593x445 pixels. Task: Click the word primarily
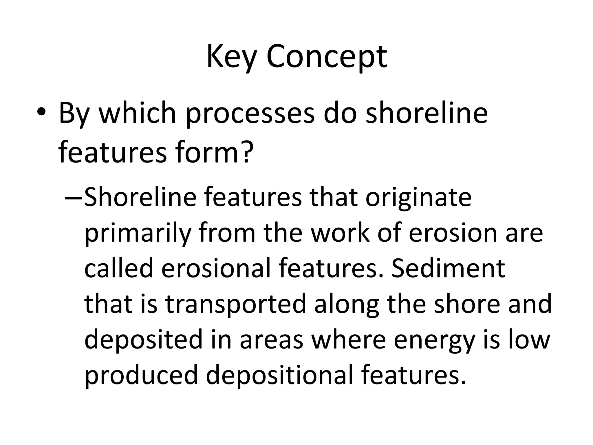[x=138, y=234]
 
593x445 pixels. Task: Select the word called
[x=118, y=268]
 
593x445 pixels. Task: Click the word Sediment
[x=448, y=268]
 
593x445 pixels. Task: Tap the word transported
[x=236, y=304]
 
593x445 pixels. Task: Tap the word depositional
[x=280, y=375]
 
